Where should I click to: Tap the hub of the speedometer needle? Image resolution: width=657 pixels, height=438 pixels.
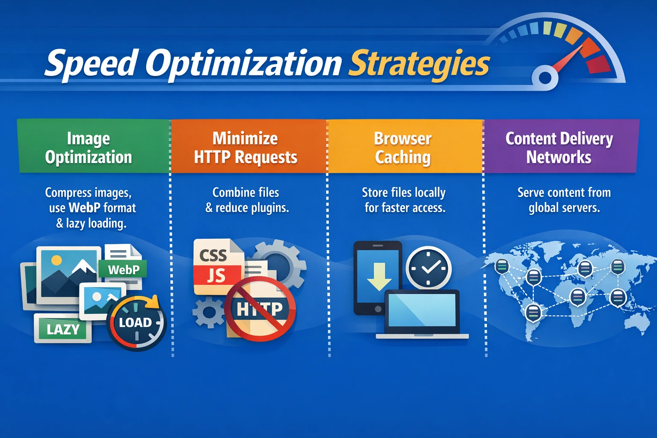545,77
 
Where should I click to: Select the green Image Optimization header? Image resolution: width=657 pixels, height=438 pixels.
93,146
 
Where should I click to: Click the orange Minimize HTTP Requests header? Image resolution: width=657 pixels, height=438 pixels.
249,146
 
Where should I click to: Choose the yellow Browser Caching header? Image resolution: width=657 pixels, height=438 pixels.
405,146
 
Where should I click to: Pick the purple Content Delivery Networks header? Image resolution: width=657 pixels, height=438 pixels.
561,146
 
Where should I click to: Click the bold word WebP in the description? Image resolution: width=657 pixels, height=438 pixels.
84,208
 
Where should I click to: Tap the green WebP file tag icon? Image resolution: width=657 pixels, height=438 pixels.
123,269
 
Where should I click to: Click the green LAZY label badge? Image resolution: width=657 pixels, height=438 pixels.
63,328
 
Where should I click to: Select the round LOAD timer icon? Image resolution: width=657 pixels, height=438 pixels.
136,323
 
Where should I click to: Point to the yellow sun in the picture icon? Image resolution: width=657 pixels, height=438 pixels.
56,260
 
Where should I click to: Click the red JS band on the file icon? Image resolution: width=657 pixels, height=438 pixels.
217,275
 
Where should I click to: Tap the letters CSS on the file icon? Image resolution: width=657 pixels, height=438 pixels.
213,255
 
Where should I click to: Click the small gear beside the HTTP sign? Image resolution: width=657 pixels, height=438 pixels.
208,312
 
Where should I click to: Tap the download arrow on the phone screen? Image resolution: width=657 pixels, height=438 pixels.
379,276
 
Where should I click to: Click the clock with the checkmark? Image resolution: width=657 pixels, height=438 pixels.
429,268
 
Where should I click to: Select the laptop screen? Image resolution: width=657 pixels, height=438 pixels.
422,310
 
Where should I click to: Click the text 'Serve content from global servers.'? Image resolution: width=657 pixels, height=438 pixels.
564,200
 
